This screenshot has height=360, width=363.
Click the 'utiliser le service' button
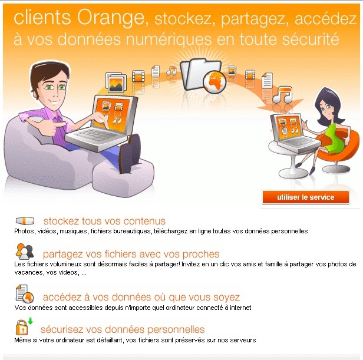click(x=305, y=197)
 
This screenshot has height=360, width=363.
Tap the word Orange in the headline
click(x=111, y=18)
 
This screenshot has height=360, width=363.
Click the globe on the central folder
click(x=214, y=82)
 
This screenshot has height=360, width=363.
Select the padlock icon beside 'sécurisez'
click(x=22, y=328)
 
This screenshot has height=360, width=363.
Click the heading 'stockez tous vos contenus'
click(x=104, y=221)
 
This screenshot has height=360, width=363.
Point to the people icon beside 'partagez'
click(x=25, y=252)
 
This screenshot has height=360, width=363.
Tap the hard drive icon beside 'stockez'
click(x=25, y=221)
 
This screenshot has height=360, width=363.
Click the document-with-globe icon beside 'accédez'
click(x=25, y=294)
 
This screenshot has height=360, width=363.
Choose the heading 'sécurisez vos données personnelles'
click(x=123, y=329)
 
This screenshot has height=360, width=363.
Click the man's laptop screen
click(x=113, y=115)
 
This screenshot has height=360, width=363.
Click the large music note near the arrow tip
click(x=282, y=95)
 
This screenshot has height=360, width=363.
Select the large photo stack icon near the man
click(x=116, y=82)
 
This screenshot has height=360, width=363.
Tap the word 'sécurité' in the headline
click(x=311, y=39)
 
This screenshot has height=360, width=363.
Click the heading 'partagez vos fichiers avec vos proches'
click(x=131, y=255)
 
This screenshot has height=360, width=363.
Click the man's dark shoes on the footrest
click(x=130, y=154)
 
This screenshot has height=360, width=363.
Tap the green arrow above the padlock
click(x=30, y=321)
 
